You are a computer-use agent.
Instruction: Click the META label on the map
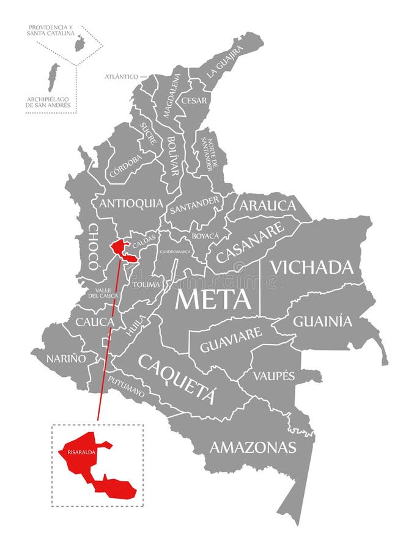(x=213, y=299)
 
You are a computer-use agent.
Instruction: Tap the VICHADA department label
(x=312, y=267)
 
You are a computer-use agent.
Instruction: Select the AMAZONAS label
(x=253, y=447)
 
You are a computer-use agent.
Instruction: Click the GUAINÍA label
(x=323, y=321)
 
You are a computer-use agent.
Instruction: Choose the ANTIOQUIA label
(x=131, y=204)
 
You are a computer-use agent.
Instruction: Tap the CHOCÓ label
(x=93, y=246)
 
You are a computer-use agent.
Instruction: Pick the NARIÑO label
(x=65, y=359)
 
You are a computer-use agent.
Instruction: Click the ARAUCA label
(x=267, y=205)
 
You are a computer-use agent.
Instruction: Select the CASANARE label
(x=250, y=242)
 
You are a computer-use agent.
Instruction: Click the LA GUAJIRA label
(x=224, y=61)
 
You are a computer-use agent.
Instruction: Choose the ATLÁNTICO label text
(x=121, y=77)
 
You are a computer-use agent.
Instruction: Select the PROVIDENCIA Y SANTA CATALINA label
(x=50, y=31)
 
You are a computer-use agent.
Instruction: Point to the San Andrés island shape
(x=54, y=76)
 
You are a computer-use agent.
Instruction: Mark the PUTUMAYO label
(x=127, y=387)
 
